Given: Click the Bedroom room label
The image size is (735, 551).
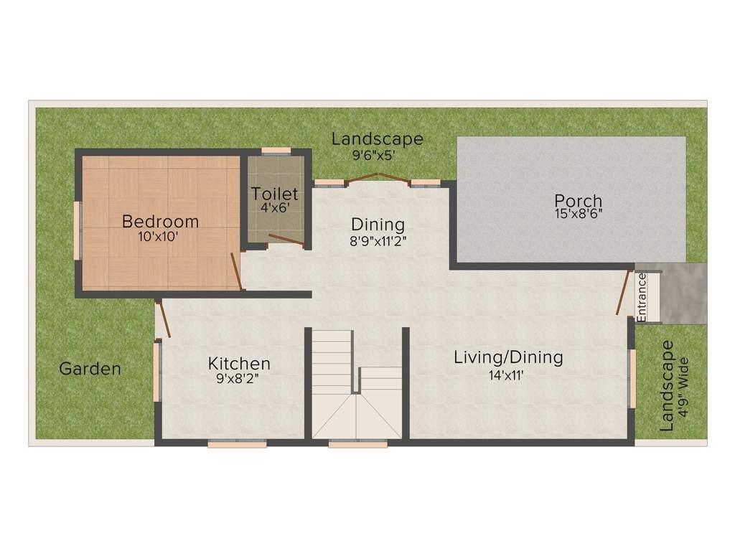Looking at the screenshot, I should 160,220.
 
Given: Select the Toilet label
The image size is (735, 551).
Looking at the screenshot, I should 274,194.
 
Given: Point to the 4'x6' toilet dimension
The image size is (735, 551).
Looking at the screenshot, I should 274,207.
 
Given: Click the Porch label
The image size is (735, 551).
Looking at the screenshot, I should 578,200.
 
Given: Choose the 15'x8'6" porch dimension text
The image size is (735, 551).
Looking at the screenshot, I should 578,213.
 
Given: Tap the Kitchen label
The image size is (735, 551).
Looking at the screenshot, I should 239,363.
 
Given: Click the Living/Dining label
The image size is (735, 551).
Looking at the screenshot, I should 508,357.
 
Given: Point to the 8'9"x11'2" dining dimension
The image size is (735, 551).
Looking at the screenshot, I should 378,241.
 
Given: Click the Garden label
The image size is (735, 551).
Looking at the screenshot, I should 90,369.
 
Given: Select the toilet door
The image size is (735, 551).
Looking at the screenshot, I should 286,240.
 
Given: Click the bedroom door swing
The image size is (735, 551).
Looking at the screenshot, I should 236,272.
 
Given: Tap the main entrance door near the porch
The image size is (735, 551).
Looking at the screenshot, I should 624,292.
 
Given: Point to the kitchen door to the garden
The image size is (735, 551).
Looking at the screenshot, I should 164,319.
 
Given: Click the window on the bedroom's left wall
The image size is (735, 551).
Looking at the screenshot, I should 79,230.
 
